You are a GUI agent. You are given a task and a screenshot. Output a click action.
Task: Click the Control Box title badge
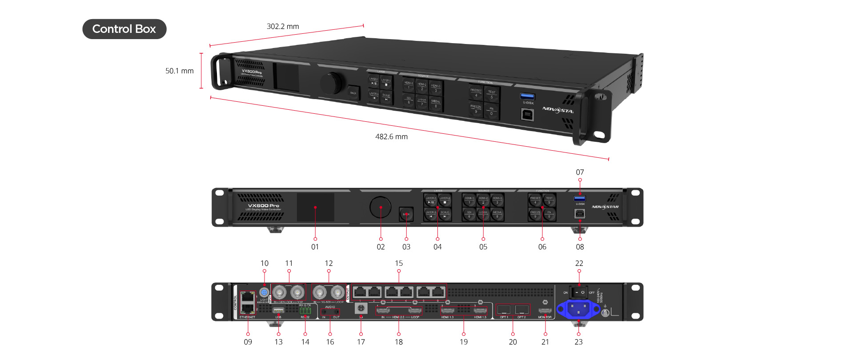[x=124, y=29]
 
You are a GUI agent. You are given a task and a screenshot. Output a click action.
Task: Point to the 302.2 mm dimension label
[x=283, y=27]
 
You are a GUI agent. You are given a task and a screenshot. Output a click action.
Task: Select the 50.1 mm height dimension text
[x=180, y=71]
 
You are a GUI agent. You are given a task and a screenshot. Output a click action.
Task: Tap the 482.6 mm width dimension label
[x=391, y=137]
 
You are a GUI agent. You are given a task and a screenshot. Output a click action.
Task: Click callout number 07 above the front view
[x=580, y=172]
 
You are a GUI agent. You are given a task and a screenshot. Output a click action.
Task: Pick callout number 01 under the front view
[x=315, y=247]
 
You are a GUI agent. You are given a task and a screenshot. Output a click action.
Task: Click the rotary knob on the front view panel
[x=380, y=207]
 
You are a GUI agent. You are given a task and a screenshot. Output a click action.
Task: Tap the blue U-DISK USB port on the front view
[x=580, y=198]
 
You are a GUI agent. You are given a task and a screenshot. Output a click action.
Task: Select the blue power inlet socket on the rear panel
[x=578, y=308]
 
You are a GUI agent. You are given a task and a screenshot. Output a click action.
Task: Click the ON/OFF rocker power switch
[x=578, y=292]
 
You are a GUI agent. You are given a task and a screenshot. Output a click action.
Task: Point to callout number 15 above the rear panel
[x=399, y=264]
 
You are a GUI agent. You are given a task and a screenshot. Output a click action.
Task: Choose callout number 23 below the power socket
[x=578, y=342]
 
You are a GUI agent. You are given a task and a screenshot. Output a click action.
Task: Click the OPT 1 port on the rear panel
[x=504, y=309]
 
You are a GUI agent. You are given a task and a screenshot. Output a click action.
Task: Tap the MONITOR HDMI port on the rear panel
[x=545, y=310]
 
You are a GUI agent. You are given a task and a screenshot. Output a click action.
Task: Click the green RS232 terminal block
[x=305, y=311]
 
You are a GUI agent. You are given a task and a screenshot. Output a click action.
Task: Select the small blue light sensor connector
[x=264, y=292]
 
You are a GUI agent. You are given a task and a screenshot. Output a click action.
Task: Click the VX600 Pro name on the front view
[x=264, y=206]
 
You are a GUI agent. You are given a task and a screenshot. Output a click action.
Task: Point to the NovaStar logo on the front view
[x=605, y=207]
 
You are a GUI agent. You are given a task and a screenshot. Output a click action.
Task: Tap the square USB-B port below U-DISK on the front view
[x=580, y=213]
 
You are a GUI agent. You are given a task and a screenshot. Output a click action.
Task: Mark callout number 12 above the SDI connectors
[x=329, y=264]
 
